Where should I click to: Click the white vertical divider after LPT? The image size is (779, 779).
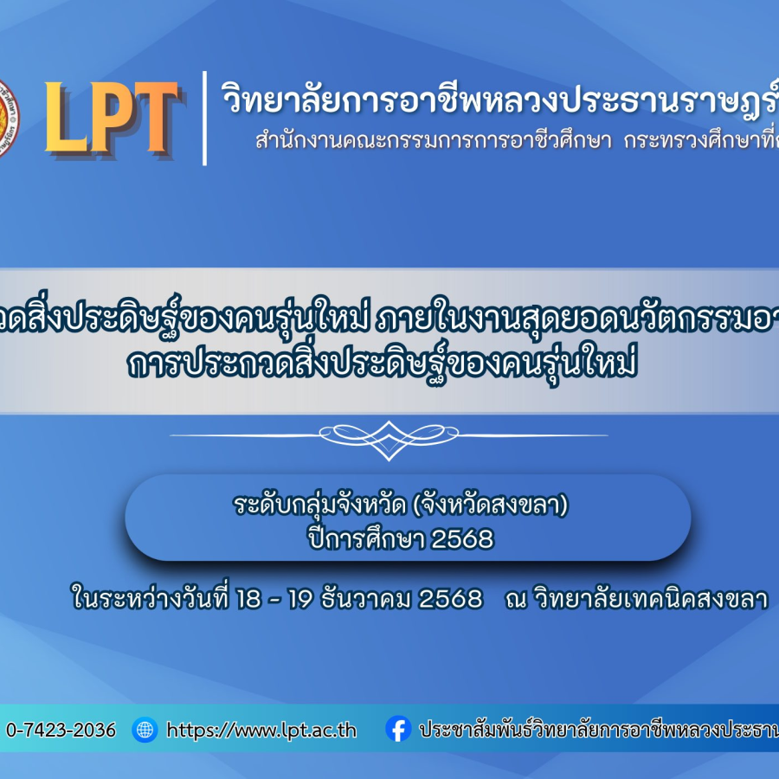(x=205, y=119)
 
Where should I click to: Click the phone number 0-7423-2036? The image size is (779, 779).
(x=61, y=730)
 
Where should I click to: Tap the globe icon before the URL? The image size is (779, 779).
(x=145, y=730)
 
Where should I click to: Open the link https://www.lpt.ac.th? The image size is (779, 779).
(x=261, y=730)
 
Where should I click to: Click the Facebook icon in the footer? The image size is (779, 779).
(x=398, y=730)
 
